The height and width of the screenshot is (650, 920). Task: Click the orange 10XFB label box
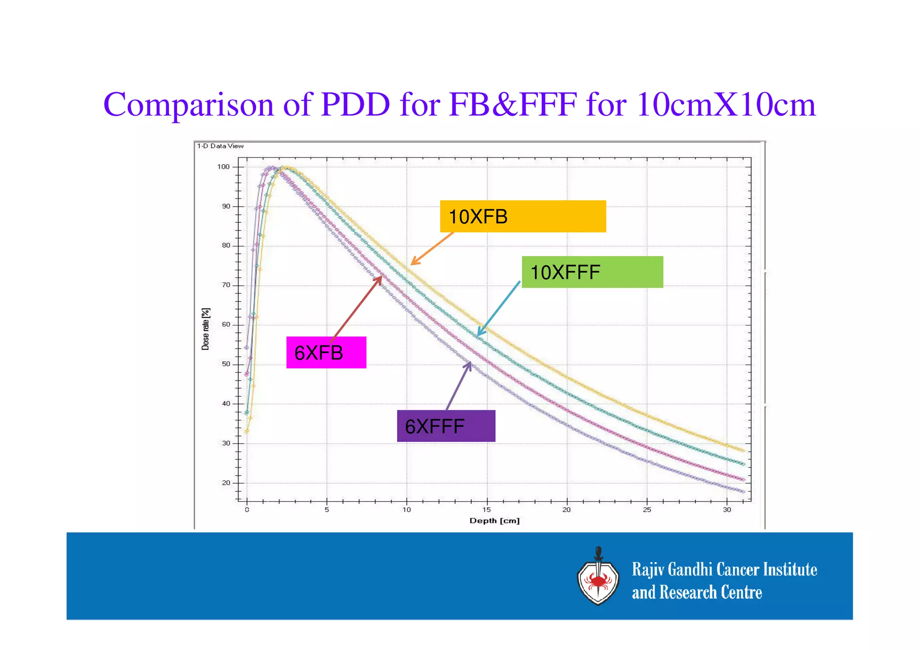(x=522, y=216)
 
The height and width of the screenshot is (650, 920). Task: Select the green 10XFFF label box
(x=592, y=272)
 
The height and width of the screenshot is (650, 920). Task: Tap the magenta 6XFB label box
(x=326, y=352)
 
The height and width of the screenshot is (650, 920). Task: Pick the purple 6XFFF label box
(x=446, y=426)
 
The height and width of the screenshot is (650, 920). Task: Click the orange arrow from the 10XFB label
(x=432, y=248)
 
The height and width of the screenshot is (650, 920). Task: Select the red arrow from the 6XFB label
(x=356, y=309)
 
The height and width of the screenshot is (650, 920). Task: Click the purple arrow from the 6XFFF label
(x=459, y=386)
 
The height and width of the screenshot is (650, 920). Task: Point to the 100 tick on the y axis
(x=223, y=167)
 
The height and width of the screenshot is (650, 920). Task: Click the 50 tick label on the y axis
(x=226, y=364)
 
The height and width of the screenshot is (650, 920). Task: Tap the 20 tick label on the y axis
(x=226, y=483)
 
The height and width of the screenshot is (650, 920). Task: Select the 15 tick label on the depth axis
(x=487, y=510)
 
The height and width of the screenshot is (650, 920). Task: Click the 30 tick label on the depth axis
(x=727, y=510)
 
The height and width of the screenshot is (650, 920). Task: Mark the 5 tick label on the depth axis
(x=327, y=510)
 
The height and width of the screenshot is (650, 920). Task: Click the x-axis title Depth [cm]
(x=494, y=521)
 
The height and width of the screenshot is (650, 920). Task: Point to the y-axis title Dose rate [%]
(x=205, y=329)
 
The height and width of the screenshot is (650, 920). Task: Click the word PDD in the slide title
(x=355, y=104)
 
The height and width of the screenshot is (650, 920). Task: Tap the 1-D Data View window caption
(x=220, y=146)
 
